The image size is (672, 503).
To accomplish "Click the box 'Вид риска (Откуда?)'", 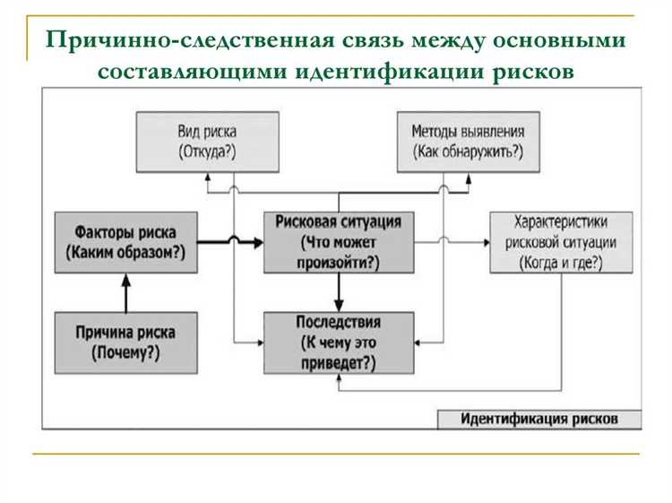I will tap(207, 141).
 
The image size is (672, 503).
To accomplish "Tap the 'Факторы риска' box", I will tap(125, 241).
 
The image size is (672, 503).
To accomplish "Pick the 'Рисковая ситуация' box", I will tap(339, 242).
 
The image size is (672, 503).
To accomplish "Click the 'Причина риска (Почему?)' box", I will tap(125, 343).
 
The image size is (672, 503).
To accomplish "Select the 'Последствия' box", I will tap(339, 343).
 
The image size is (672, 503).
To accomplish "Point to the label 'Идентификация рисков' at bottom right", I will tap(539, 419).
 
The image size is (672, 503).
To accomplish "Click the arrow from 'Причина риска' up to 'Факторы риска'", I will tap(125, 291).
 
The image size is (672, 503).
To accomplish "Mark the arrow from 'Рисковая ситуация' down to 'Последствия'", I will tap(339, 292).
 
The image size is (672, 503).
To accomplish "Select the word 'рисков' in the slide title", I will tap(532, 71).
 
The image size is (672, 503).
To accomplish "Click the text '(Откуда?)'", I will tap(207, 152).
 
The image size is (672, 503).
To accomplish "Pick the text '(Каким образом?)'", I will tap(125, 254).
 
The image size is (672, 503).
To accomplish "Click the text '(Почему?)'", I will tap(125, 353).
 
